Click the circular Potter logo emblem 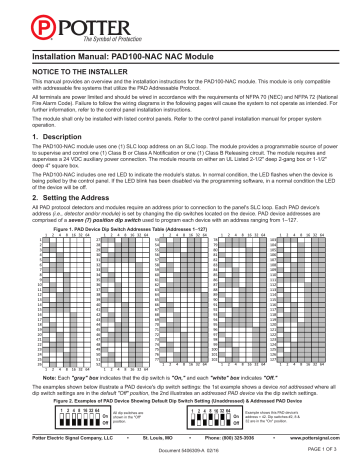point(17,21)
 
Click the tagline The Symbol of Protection point(68,31)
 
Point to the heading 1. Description point(40,163)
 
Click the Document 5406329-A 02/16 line point(179,457)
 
